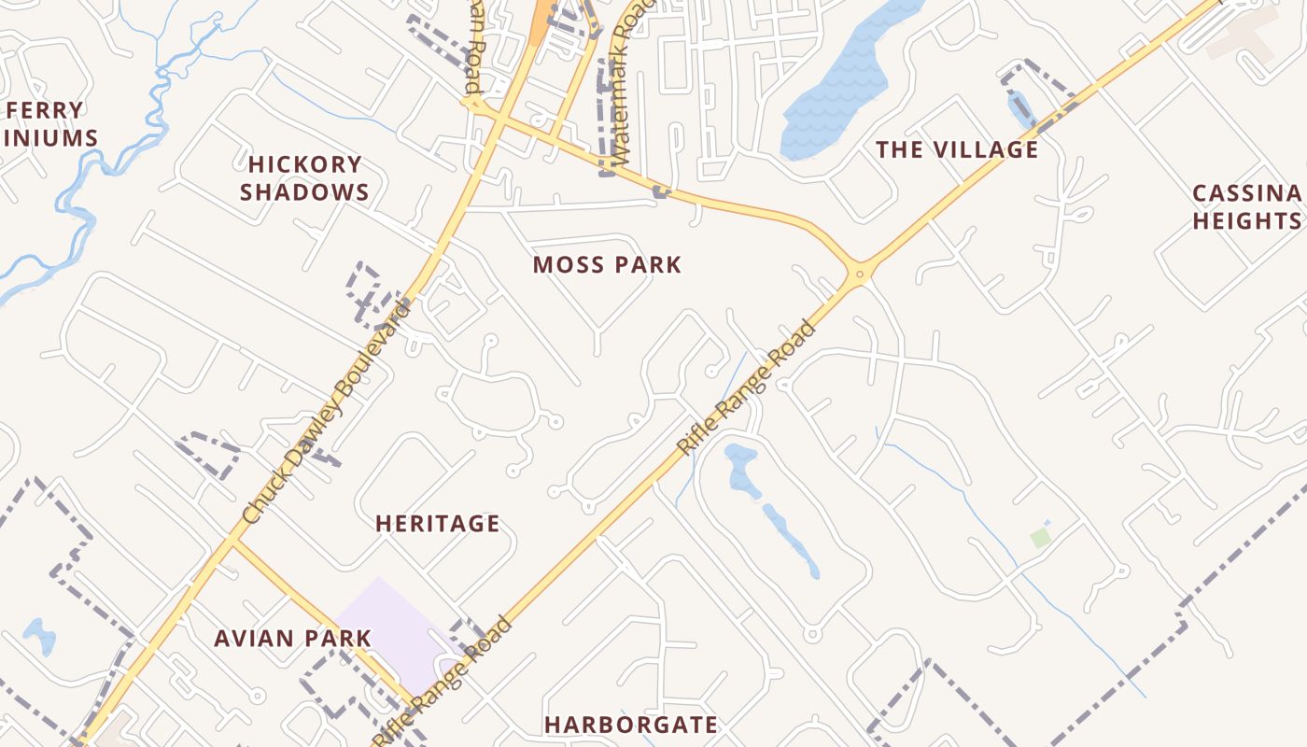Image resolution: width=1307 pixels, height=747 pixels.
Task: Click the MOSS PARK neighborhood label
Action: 607,265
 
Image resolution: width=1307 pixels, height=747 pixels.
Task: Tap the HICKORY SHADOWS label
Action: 305,178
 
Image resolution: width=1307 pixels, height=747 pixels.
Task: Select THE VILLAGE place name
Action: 956,150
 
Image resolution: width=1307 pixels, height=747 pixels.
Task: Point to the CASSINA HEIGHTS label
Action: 1246,207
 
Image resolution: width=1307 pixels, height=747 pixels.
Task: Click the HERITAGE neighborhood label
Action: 437,524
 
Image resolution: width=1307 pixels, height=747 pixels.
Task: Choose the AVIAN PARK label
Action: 292,639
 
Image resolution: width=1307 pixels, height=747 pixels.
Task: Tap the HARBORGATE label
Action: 631,725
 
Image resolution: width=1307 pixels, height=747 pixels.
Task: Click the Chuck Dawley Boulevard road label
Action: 326,411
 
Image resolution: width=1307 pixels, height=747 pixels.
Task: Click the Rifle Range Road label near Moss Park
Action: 746,388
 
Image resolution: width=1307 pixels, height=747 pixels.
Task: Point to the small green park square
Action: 1040,538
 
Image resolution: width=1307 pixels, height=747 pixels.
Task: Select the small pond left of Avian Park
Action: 39,636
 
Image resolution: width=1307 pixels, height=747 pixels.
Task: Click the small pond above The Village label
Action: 1019,107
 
